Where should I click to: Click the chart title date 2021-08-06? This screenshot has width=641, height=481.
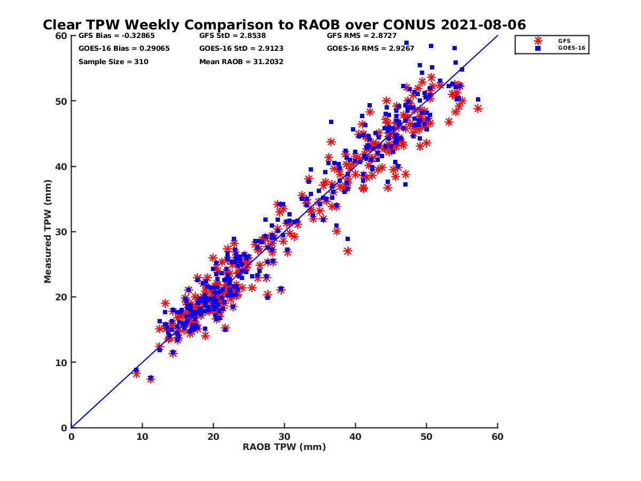coord(483,25)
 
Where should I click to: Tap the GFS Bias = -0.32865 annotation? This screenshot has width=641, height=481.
coord(116,36)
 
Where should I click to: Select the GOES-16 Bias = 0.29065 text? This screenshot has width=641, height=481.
coord(124,49)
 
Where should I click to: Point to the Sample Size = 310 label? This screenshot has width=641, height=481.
coord(113,61)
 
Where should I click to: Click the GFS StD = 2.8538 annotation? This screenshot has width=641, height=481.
coord(232,36)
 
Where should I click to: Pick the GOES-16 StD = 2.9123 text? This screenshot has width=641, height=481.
coord(241,49)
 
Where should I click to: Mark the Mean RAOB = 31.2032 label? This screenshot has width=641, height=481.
coord(241,61)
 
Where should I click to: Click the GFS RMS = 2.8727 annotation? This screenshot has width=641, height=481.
coord(362,36)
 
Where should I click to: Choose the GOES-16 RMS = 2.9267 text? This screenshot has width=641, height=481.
coord(370,49)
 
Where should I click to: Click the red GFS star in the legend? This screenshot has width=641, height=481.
coord(537,41)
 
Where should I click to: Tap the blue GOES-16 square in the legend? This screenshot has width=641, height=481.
coord(537,48)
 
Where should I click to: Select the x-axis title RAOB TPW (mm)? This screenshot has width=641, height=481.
coord(284,447)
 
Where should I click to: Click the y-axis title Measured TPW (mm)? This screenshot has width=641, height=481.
coord(48,231)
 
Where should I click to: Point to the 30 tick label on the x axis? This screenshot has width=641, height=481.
coord(284,437)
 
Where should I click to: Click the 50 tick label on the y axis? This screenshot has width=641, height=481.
coord(61,101)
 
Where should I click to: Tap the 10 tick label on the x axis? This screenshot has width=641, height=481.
coord(142,437)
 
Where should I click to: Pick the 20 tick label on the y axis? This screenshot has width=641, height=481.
coord(61,297)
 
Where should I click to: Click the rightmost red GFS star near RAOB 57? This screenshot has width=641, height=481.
coord(478,109)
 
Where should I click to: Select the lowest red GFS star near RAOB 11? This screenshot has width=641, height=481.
coord(151,379)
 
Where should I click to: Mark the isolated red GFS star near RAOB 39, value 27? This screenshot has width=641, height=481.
coord(348,251)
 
